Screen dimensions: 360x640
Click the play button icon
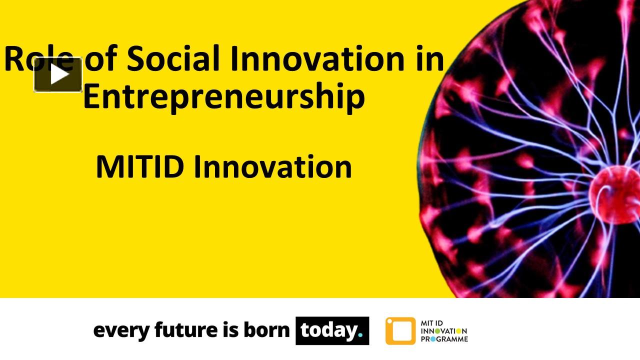[58, 75]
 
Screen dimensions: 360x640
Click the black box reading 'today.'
[332, 330]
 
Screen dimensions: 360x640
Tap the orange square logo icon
[400, 331]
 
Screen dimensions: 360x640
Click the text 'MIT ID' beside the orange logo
[432, 323]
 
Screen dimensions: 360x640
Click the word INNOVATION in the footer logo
[444, 331]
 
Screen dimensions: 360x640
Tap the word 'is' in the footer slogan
[226, 330]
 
